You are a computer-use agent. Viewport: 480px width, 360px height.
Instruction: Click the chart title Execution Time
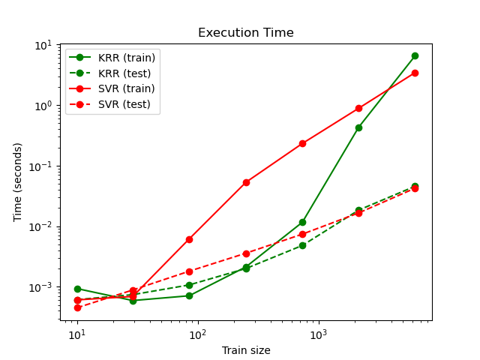pyautogui.click(x=245, y=33)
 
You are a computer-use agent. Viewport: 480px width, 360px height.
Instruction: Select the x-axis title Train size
pyautogui.click(x=245, y=350)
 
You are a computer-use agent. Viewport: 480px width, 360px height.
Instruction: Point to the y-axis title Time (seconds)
pyautogui.click(x=17, y=181)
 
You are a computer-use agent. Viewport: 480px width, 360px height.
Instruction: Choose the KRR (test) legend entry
pyautogui.click(x=126, y=73)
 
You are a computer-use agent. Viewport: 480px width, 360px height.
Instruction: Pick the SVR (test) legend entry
pyautogui.click(x=126, y=104)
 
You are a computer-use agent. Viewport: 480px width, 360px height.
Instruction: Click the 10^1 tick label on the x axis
pyautogui.click(x=77, y=334)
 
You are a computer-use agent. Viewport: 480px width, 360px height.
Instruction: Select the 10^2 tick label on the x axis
pyautogui.click(x=198, y=334)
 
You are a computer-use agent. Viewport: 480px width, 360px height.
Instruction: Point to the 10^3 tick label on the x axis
pyautogui.click(x=319, y=334)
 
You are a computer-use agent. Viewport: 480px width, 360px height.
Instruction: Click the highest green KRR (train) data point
pyautogui.click(x=415, y=55)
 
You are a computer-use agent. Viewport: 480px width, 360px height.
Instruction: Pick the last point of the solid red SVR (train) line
pyautogui.click(x=415, y=73)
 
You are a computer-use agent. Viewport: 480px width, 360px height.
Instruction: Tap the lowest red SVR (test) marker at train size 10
pyautogui.click(x=77, y=307)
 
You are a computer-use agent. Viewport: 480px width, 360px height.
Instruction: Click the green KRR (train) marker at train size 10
pyautogui.click(x=77, y=289)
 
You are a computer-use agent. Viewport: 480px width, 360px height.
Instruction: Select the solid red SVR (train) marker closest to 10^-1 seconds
pyautogui.click(x=302, y=143)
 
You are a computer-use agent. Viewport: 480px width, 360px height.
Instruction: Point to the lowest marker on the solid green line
pyautogui.click(x=133, y=301)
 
